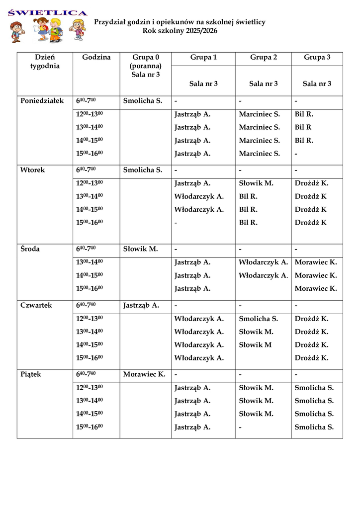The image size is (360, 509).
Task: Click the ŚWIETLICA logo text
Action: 48,12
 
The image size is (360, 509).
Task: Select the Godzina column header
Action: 96,58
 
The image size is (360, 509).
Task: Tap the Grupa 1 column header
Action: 203,58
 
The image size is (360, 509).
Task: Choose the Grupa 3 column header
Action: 317,58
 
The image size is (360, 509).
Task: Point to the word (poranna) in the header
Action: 145,66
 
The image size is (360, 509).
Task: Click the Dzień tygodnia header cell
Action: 45,62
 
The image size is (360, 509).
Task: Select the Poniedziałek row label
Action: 42,101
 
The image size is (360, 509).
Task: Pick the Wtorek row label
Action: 32,170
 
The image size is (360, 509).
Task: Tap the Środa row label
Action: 30,249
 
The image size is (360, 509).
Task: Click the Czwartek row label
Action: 36,306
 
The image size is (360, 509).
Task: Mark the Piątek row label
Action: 31,375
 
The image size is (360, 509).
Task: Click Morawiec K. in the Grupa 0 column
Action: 144,375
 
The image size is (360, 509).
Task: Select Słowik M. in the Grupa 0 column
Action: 140,249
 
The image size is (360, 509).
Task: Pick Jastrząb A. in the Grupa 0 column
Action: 141,306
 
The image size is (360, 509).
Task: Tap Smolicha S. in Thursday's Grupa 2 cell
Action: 258,319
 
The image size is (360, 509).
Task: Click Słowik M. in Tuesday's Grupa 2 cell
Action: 256,183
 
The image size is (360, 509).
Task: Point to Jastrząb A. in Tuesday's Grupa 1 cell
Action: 192,183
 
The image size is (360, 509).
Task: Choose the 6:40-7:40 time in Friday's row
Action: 86,375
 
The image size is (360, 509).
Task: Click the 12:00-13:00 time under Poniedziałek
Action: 90,114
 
